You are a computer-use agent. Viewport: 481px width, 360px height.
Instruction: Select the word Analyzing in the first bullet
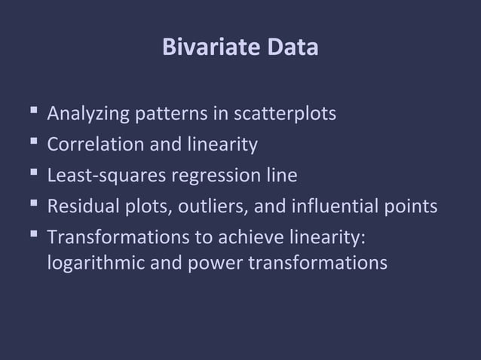click(x=88, y=114)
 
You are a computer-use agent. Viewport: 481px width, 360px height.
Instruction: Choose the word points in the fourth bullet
click(x=411, y=206)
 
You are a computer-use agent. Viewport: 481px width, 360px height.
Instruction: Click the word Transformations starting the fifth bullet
click(x=112, y=236)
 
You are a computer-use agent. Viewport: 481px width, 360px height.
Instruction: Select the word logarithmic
click(x=91, y=264)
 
